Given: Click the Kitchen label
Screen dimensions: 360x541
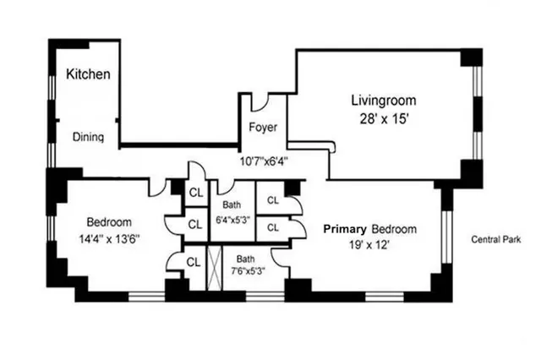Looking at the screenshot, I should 88,74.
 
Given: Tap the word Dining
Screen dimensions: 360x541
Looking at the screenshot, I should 87,137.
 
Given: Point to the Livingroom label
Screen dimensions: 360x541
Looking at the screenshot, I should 384,101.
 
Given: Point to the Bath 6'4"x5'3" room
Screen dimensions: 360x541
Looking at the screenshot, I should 232,212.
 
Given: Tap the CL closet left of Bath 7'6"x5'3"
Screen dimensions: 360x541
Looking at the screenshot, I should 194,261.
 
